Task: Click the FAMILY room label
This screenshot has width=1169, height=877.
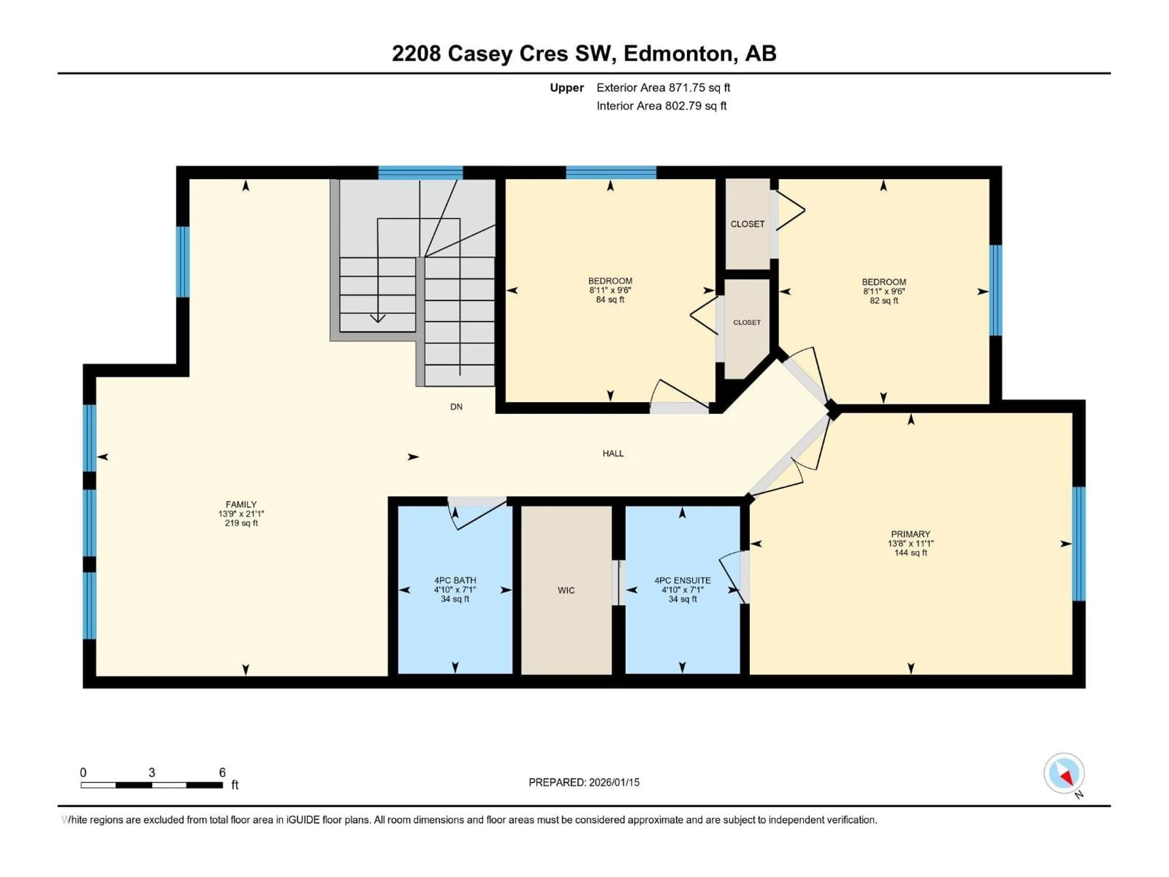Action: click(x=241, y=504)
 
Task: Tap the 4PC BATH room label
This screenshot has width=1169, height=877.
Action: click(x=455, y=580)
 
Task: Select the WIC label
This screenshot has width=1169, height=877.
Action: click(x=566, y=590)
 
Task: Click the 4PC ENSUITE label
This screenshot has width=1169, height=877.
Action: click(x=682, y=580)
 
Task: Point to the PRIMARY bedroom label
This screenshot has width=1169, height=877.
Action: click(x=910, y=534)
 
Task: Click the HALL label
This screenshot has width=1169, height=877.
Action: click(x=613, y=453)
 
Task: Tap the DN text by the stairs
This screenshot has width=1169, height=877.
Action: click(x=456, y=407)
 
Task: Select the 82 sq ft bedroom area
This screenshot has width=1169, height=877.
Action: click(x=884, y=301)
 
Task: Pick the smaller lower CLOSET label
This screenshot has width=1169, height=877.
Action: click(x=747, y=322)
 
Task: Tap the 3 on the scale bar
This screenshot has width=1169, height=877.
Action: click(x=152, y=772)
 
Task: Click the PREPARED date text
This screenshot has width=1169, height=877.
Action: click(x=584, y=782)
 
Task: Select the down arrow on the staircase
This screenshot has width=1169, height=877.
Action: click(x=377, y=317)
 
